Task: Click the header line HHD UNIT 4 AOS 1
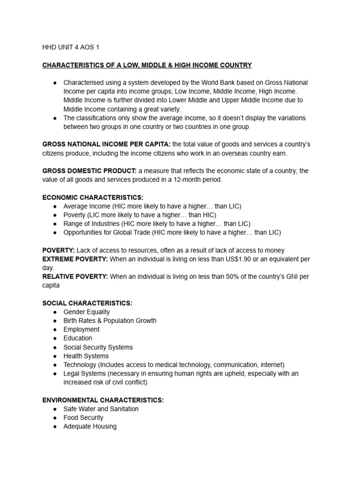click(x=71, y=47)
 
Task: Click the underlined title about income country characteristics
click(x=147, y=65)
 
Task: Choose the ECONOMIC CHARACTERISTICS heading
click(x=93, y=197)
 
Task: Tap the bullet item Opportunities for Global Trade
click(x=172, y=232)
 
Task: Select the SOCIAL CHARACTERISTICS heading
click(x=87, y=303)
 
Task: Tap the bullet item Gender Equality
click(x=86, y=312)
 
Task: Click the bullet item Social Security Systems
click(x=98, y=347)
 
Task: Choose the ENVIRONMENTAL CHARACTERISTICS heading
click(x=103, y=400)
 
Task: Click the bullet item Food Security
click(x=83, y=418)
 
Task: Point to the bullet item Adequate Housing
click(x=90, y=427)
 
